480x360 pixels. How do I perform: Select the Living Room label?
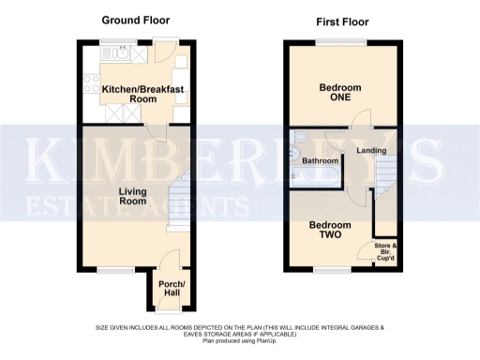tap(138, 195)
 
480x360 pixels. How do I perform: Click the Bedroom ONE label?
tap(339, 93)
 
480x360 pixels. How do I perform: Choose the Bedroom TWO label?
tap(329, 231)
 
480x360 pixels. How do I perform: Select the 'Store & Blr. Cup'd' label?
tap(385, 250)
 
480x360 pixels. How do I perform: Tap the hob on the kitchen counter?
tap(91, 84)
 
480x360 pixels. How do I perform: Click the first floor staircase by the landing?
tap(385, 178)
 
